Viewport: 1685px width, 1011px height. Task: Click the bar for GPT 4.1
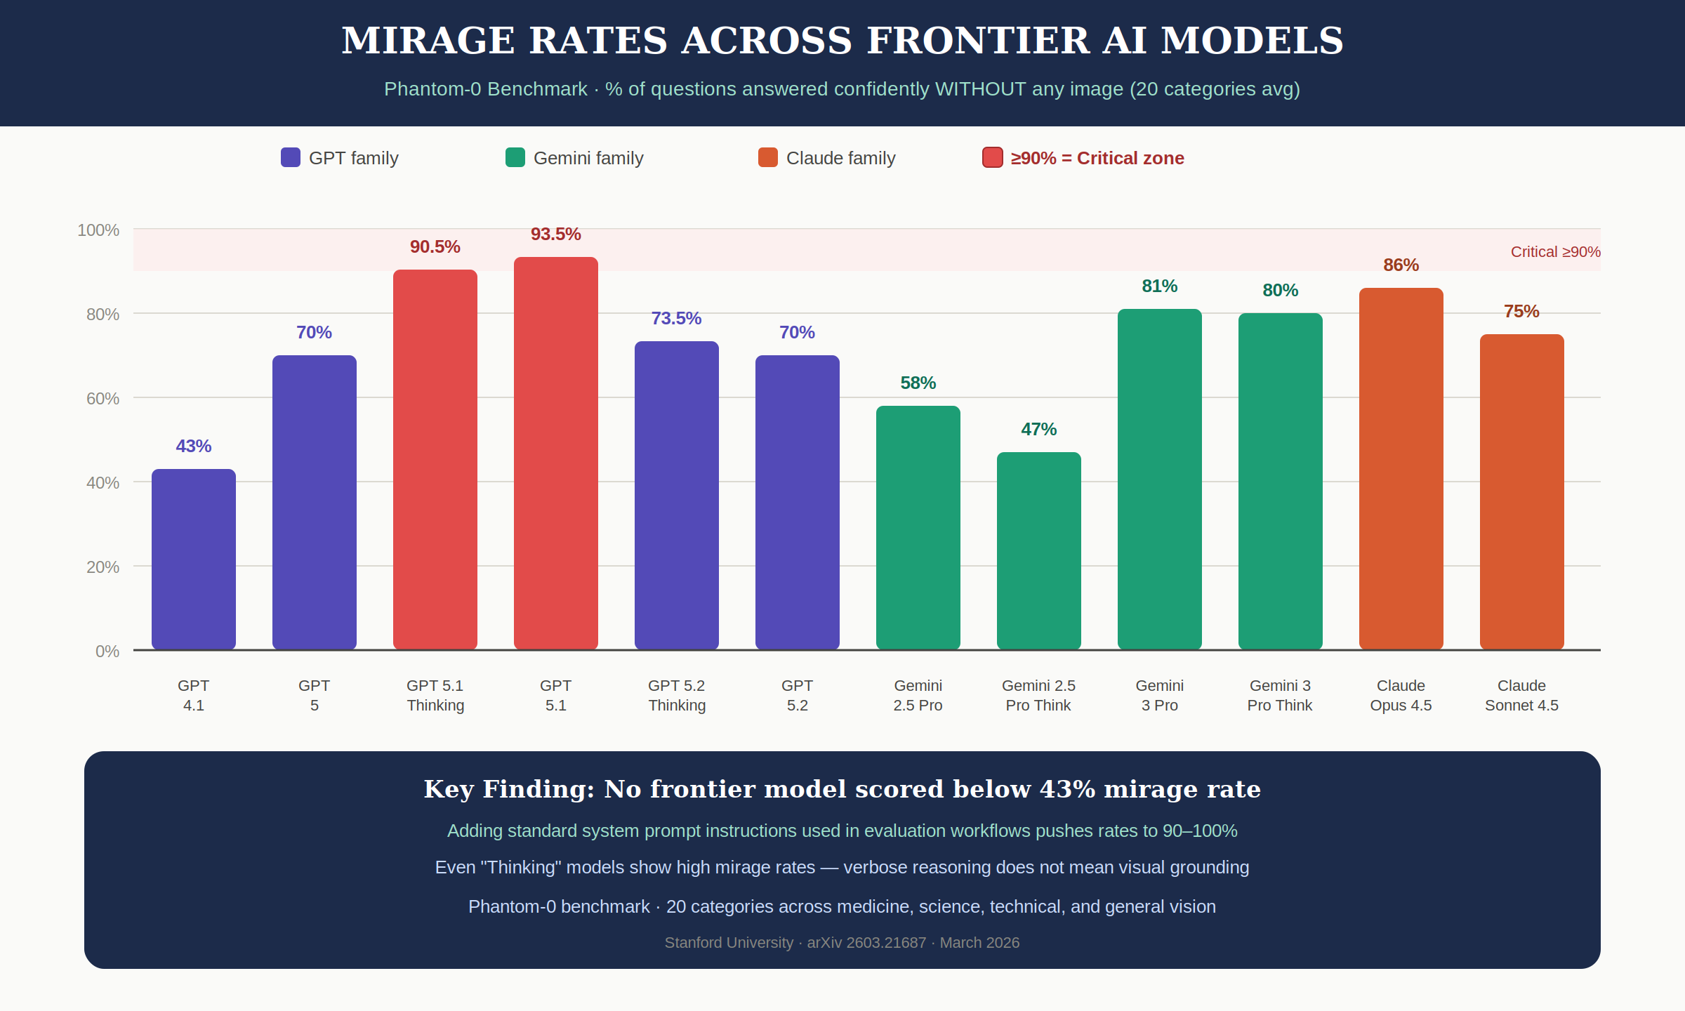194,559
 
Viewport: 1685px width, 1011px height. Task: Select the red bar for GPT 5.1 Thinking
435,460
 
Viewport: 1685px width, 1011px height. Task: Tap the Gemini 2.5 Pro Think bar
1039,551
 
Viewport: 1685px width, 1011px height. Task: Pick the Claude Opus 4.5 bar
1401,469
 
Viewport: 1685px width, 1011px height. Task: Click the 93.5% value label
555,234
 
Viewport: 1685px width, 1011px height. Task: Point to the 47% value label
1038,429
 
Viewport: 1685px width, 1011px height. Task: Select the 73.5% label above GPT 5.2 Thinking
676,318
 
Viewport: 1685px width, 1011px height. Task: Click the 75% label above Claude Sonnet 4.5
1521,311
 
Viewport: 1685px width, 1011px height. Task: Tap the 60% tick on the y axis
103,399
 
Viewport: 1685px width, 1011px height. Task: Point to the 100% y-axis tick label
98,230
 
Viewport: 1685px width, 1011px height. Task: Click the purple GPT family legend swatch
291,157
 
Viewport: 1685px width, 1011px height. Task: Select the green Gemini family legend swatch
515,157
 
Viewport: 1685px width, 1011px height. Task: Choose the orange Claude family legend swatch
768,157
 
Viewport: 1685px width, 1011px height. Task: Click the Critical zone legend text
1097,158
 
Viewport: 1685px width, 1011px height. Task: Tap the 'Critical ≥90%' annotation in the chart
1555,252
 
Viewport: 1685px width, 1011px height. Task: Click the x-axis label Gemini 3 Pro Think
1280,695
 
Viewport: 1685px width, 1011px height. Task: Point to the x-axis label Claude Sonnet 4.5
1521,695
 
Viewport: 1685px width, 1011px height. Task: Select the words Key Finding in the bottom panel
509,789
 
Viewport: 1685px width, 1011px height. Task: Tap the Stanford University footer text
729,942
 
